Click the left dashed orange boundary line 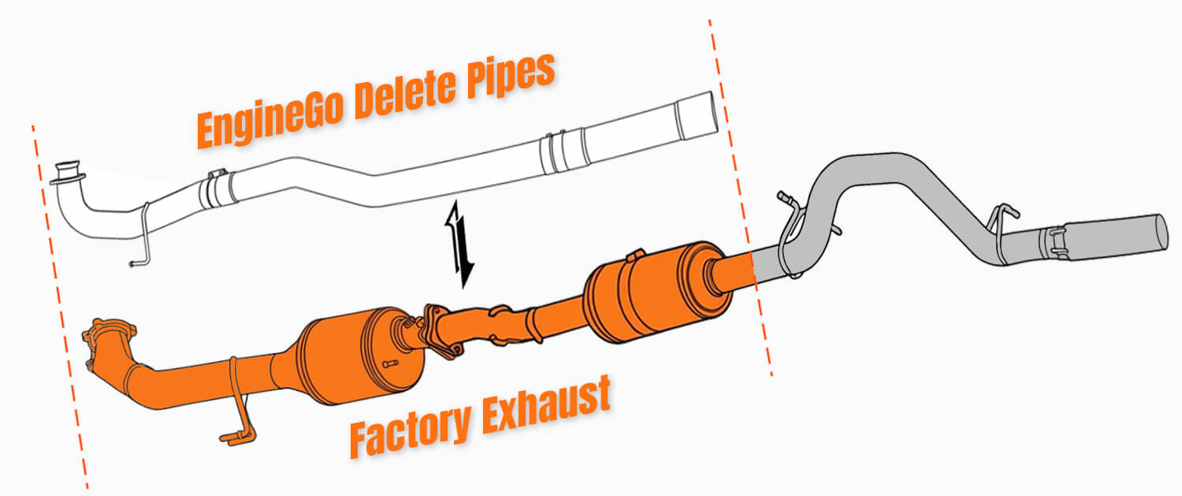(59, 300)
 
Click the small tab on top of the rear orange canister (633, 255)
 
